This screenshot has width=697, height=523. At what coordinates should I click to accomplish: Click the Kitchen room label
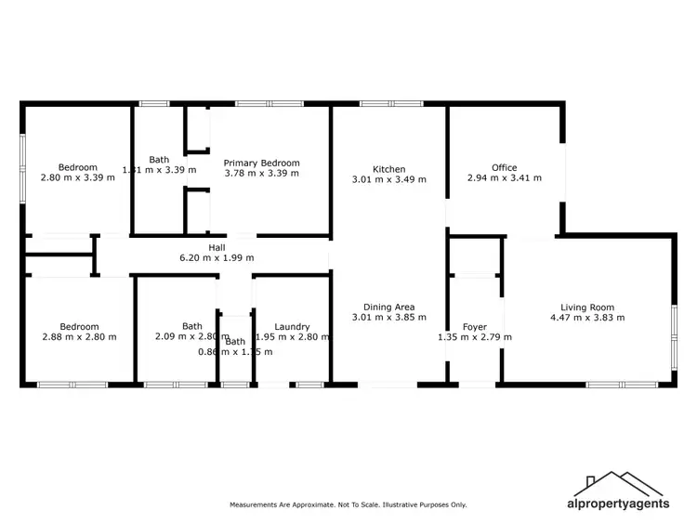click(x=389, y=169)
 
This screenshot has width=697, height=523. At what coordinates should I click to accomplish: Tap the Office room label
click(x=505, y=168)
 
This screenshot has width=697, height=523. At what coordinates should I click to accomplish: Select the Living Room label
click(x=587, y=307)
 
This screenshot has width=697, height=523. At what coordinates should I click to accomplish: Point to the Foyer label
click(x=475, y=327)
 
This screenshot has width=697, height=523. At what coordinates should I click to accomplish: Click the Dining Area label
click(x=389, y=307)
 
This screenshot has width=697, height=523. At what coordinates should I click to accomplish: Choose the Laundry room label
click(x=292, y=327)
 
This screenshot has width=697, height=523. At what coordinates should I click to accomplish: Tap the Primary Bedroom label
click(x=262, y=163)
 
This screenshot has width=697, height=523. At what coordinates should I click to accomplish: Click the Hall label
click(x=217, y=248)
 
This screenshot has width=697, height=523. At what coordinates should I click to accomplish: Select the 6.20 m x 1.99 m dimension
click(x=217, y=258)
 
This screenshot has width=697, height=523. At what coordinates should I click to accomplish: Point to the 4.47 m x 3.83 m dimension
click(x=587, y=318)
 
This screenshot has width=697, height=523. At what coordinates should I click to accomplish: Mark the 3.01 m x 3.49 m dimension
click(x=389, y=179)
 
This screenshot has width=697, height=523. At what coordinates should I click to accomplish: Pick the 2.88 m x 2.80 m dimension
click(x=80, y=337)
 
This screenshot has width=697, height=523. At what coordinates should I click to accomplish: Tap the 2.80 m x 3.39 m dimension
click(x=78, y=177)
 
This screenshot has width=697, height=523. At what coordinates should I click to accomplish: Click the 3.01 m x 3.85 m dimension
click(x=389, y=317)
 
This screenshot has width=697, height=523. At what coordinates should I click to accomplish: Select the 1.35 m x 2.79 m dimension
click(x=475, y=337)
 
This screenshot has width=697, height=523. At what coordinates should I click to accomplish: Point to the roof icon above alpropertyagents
click(x=618, y=484)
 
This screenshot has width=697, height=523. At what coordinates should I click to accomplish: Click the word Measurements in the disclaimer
click(x=254, y=505)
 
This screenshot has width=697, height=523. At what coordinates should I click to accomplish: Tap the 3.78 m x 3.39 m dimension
click(x=262, y=173)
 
